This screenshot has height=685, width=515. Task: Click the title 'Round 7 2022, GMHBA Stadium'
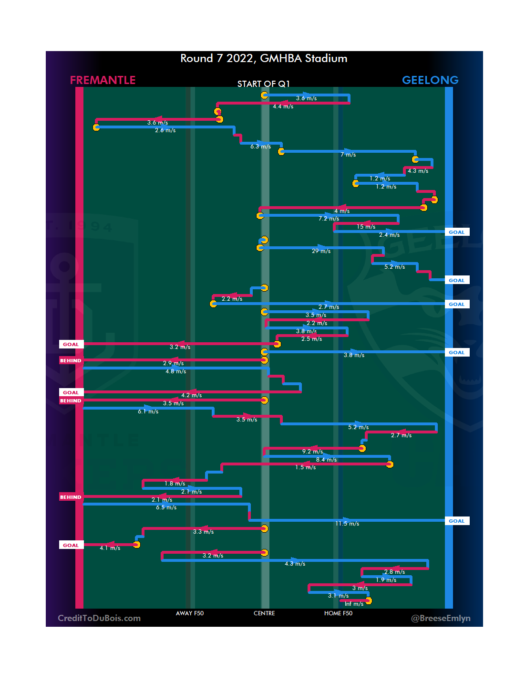264,58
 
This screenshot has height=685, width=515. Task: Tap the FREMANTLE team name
103,80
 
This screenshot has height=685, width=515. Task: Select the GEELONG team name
430,80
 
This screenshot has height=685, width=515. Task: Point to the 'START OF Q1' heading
264,84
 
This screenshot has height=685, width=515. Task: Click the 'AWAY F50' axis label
190,613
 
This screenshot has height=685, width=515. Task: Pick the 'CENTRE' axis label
264,613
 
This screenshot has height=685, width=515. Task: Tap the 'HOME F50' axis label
338,613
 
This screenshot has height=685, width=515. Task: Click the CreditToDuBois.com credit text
99,618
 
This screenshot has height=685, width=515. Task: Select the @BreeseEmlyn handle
441,618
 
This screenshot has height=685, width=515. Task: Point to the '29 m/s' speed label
321,251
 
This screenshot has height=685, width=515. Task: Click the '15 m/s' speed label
366,227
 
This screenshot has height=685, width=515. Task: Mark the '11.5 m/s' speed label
347,524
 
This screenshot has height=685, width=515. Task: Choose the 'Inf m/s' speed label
354,604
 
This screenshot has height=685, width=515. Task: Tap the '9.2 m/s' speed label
312,452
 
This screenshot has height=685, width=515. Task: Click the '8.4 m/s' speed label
326,460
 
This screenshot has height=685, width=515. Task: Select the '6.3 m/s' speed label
260,147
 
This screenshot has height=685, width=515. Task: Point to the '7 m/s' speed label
348,155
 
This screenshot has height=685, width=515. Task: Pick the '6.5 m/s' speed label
166,507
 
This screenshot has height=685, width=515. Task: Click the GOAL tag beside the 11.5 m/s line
456,521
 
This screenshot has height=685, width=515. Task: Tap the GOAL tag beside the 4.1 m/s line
71,545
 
